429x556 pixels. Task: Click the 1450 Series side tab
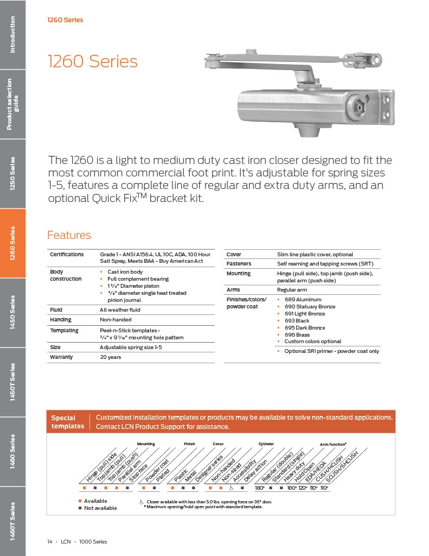point(12,313)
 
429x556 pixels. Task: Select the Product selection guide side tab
point(12,104)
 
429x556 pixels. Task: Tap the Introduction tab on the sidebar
point(12,34)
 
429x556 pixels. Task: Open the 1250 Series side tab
point(12,174)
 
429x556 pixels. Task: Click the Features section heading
point(69,235)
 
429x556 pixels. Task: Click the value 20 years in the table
point(111,357)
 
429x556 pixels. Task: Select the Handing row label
point(61,320)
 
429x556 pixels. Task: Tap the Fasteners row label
point(239,264)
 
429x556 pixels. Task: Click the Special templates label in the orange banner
point(68,422)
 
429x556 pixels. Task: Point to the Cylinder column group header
point(266,444)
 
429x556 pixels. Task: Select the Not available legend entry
point(100,508)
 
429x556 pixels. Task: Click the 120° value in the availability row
point(303,488)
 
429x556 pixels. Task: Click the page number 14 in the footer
point(49,542)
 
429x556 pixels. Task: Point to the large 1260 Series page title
point(93,61)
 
